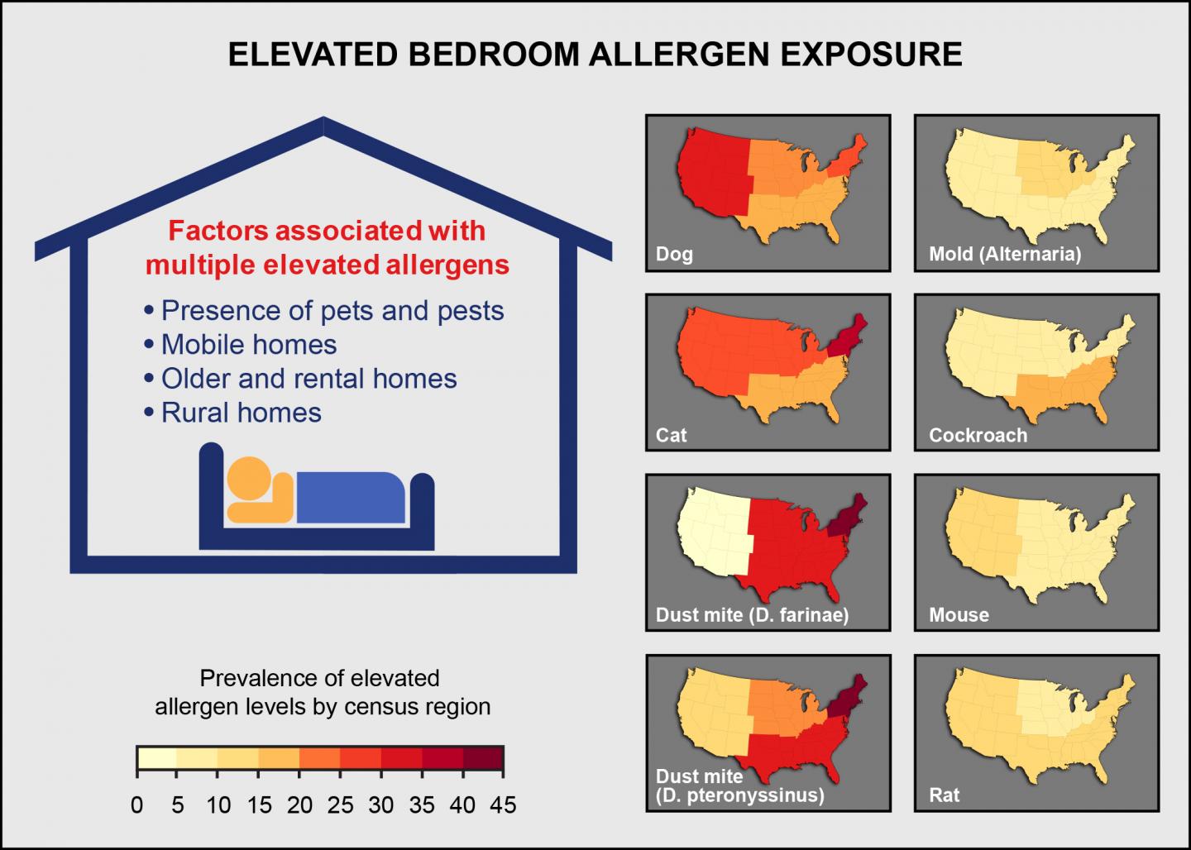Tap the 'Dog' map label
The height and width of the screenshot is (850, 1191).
[674, 254]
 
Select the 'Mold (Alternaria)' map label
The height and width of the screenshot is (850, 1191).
[1004, 254]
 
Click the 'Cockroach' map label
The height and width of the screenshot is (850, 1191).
[978, 435]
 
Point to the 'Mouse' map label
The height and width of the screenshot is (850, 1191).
[959, 614]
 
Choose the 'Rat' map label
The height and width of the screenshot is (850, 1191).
[944, 795]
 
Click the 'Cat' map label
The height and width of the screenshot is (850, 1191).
[671, 435]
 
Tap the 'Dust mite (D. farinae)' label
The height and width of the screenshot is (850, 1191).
[752, 614]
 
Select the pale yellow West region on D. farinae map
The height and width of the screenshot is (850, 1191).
[711, 533]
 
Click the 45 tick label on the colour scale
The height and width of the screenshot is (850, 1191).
[503, 805]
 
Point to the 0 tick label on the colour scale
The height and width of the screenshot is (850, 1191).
[137, 805]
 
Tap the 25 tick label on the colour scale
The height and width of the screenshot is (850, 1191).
[340, 805]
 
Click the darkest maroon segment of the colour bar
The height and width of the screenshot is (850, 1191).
[483, 757]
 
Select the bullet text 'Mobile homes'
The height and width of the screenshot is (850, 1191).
[249, 344]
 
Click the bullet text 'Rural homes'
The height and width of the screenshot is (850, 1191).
[241, 412]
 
